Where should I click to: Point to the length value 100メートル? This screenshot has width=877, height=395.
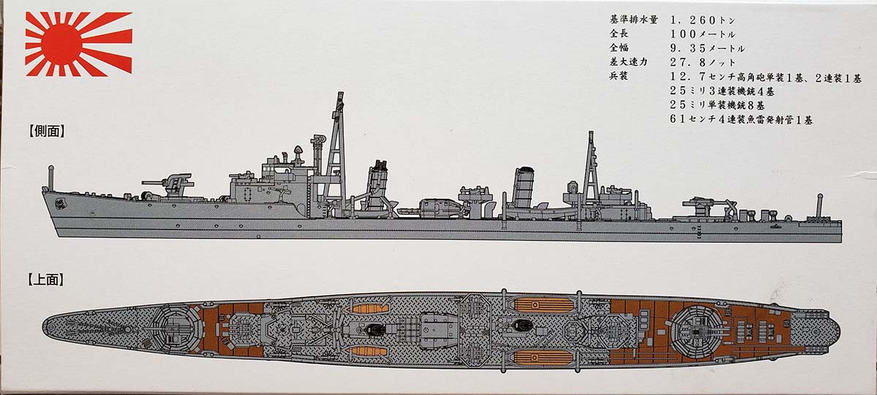703,34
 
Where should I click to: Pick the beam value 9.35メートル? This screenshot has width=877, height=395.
707,48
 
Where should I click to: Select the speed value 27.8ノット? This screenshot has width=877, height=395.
703,62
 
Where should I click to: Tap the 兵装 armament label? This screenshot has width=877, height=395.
619,76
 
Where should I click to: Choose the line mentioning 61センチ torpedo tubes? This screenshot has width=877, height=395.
742,119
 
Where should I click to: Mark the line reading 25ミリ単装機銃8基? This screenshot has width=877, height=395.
718,105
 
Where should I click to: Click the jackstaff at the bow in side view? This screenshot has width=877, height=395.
51,178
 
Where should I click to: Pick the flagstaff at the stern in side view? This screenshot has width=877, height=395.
819,206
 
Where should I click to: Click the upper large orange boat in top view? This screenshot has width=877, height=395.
543,304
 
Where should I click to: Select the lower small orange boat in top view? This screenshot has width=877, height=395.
367,351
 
